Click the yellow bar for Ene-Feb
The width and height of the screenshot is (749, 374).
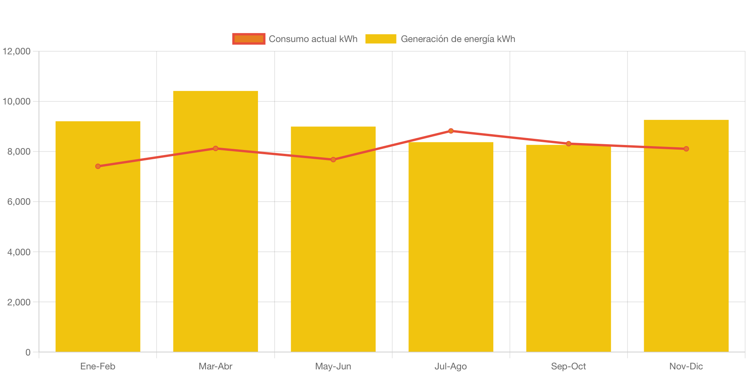tap(98, 251)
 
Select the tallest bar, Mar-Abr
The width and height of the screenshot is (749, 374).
tap(216, 231)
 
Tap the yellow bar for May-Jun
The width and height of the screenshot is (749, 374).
tap(333, 251)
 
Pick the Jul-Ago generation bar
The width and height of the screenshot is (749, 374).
tap(451, 251)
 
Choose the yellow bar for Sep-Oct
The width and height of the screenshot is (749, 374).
tap(568, 251)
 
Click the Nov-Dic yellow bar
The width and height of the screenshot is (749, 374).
tap(686, 251)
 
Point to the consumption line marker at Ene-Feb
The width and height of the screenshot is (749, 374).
tap(98, 166)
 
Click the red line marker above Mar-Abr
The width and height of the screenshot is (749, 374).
tap(216, 148)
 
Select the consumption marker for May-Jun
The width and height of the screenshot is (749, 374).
tap(333, 160)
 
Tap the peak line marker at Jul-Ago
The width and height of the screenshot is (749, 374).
tap(451, 131)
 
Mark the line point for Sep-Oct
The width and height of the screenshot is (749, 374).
tap(568, 143)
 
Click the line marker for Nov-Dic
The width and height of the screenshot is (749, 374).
tap(686, 149)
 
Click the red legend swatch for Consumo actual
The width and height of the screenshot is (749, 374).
tap(249, 39)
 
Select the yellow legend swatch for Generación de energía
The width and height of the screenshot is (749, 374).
tap(381, 39)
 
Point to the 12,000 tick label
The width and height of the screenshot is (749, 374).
tap(17, 51)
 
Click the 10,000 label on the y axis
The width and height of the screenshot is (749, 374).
tap(17, 101)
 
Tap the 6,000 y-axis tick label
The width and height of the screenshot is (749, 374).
tap(19, 202)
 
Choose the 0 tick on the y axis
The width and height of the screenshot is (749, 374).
tap(28, 352)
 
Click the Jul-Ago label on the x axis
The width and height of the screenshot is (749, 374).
tap(451, 366)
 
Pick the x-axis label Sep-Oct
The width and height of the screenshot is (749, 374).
tap(568, 366)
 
